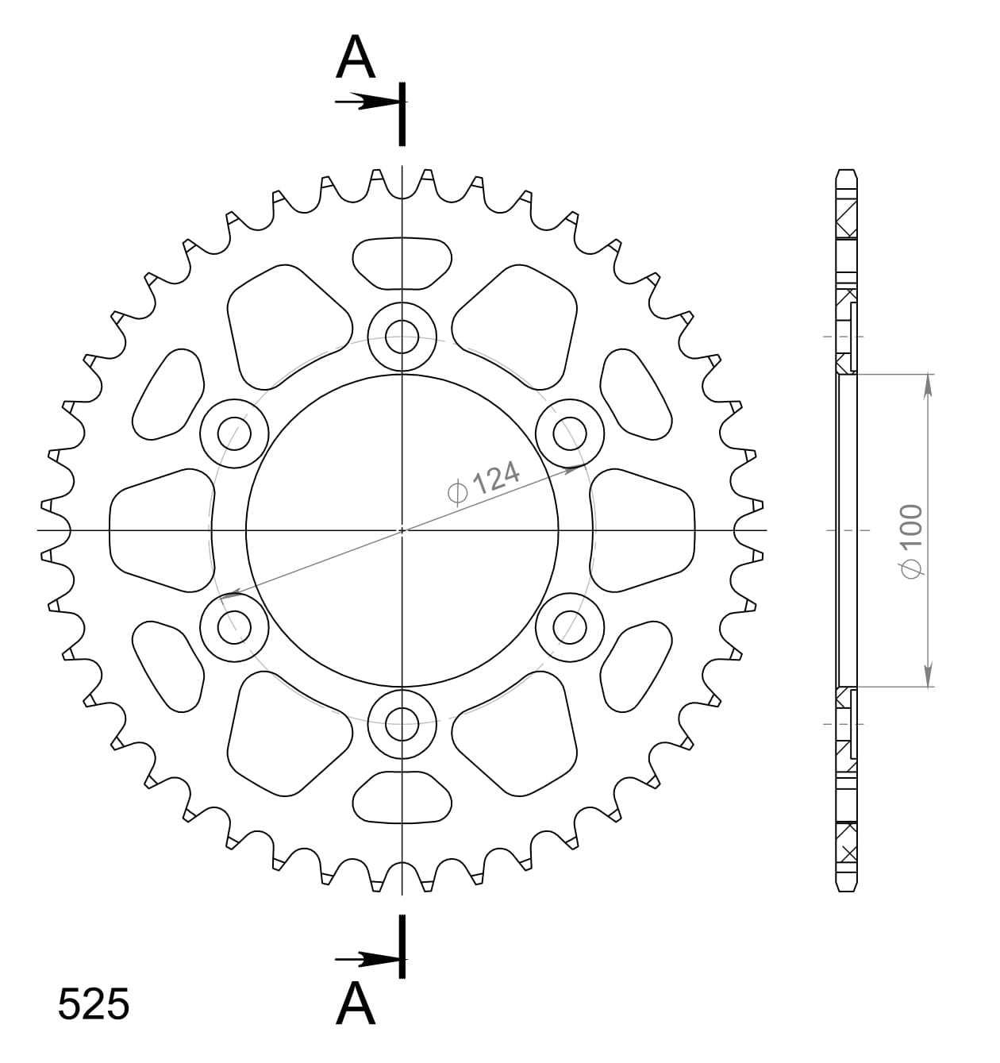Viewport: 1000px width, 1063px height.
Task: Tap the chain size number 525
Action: pyautogui.click(x=93, y=1004)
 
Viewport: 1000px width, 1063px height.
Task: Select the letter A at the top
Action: pyautogui.click(x=355, y=58)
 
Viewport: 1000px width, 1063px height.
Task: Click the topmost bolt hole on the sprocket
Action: pyautogui.click(x=402, y=337)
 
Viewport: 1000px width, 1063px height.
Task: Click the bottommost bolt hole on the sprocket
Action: pyautogui.click(x=402, y=723)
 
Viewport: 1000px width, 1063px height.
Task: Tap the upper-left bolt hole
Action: pyautogui.click(x=234, y=433)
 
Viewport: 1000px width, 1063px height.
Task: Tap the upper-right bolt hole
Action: pyautogui.click(x=570, y=433)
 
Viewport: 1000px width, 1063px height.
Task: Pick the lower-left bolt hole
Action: pyautogui.click(x=234, y=627)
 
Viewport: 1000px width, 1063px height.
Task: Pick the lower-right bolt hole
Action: pyautogui.click(x=570, y=627)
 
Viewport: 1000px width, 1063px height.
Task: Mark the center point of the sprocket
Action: pyautogui.click(x=402, y=530)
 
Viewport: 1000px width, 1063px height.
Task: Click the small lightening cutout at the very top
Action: pyautogui.click(x=402, y=263)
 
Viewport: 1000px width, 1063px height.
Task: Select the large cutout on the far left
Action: pyautogui.click(x=159, y=530)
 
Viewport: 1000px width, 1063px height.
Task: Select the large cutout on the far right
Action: pyautogui.click(x=644, y=530)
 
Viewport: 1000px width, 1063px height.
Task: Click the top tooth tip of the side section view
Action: pyautogui.click(x=847, y=172)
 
